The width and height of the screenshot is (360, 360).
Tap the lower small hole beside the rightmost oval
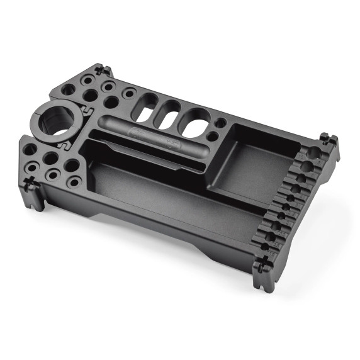point(213,136)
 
